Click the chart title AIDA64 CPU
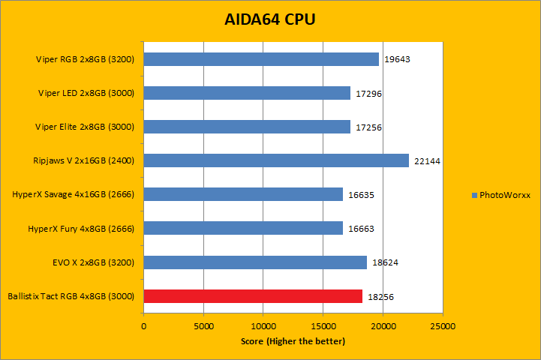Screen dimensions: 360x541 270,19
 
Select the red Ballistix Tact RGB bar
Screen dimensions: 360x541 253,296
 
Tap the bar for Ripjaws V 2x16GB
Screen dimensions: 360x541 276,160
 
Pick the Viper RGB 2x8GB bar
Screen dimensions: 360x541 261,59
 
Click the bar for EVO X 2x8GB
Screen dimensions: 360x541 255,262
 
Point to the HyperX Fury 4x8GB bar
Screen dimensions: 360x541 243,228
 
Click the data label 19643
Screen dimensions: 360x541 397,60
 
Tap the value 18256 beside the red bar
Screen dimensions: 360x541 380,297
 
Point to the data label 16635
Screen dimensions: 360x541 361,195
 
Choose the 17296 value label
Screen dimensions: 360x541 368,94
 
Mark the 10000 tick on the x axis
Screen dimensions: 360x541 263,327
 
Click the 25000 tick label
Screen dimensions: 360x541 443,327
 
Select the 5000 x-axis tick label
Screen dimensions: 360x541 203,327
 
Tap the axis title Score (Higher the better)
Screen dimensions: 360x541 293,342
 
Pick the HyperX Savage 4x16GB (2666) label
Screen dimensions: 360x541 73,194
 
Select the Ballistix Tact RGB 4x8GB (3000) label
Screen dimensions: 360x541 70,296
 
